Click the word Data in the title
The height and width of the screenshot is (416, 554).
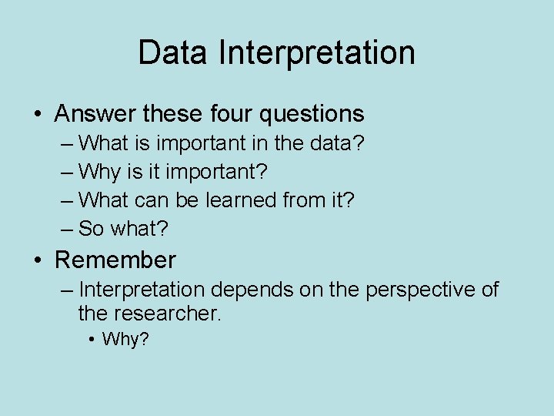pyautogui.click(x=174, y=53)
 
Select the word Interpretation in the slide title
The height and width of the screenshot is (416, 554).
pyautogui.click(x=316, y=53)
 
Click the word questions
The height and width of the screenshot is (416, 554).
pyautogui.click(x=312, y=114)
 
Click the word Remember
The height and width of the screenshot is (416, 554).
pyautogui.click(x=115, y=260)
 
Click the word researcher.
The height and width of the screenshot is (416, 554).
pyautogui.click(x=168, y=313)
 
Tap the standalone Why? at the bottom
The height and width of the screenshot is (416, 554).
pyautogui.click(x=125, y=339)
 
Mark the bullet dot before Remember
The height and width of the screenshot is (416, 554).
pyautogui.click(x=38, y=260)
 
